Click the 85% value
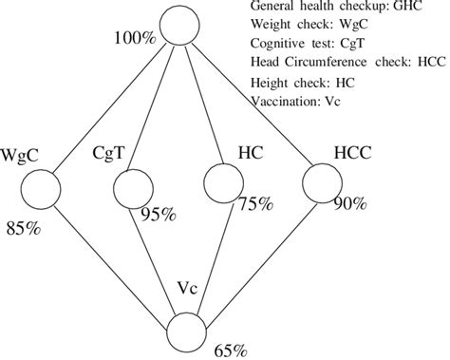click(23, 228)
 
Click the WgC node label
click(22, 153)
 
